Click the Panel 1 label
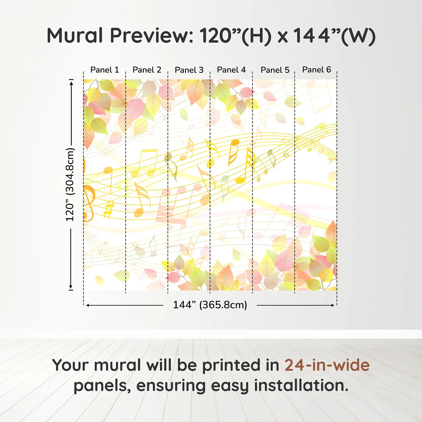click(105, 70)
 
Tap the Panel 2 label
click(147, 70)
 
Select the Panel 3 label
click(189, 70)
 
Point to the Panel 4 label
click(231, 70)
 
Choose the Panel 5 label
click(275, 70)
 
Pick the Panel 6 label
click(316, 70)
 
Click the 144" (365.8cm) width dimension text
click(210, 305)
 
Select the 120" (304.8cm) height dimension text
click(70, 184)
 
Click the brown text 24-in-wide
click(327, 365)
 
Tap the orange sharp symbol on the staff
click(109, 209)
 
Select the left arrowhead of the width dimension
click(88, 305)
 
